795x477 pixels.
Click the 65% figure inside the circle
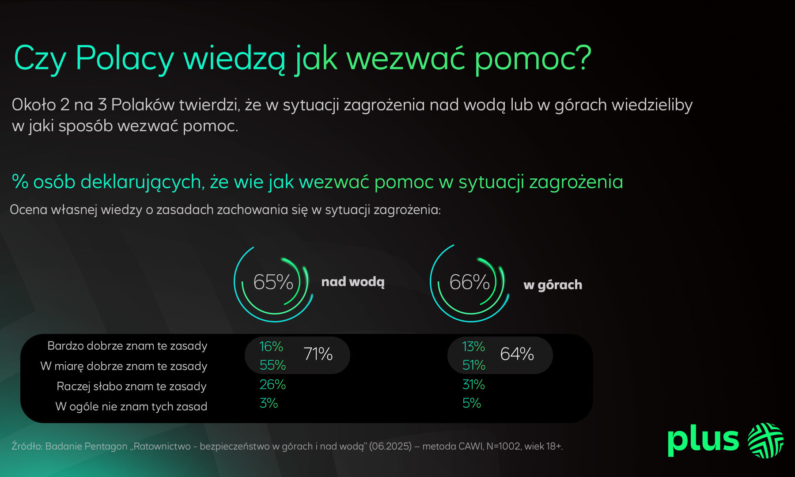pos(273,282)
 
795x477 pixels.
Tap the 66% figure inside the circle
pos(469,282)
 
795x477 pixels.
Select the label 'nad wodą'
pos(353,282)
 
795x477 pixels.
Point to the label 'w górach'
pos(553,285)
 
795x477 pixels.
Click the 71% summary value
pos(318,354)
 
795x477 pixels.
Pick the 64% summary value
pos(517,354)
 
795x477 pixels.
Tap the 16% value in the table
pos(271,346)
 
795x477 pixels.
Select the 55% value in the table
pos(273,365)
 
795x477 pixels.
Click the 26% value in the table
pos(273,385)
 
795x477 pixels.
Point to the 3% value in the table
pos(269,403)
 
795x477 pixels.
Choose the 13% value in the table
pos(473,346)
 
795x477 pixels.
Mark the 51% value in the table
pos(473,365)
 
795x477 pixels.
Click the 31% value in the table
pos(473,385)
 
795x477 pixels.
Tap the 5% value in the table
pos(471,403)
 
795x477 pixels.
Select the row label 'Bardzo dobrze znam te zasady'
pos(127,346)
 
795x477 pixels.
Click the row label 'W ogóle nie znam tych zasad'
pos(131,406)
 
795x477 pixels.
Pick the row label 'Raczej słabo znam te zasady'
pos(132,386)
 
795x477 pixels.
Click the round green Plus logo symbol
pos(765,440)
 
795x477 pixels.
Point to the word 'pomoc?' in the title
pos(533,58)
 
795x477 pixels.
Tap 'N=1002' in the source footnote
pos(503,446)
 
